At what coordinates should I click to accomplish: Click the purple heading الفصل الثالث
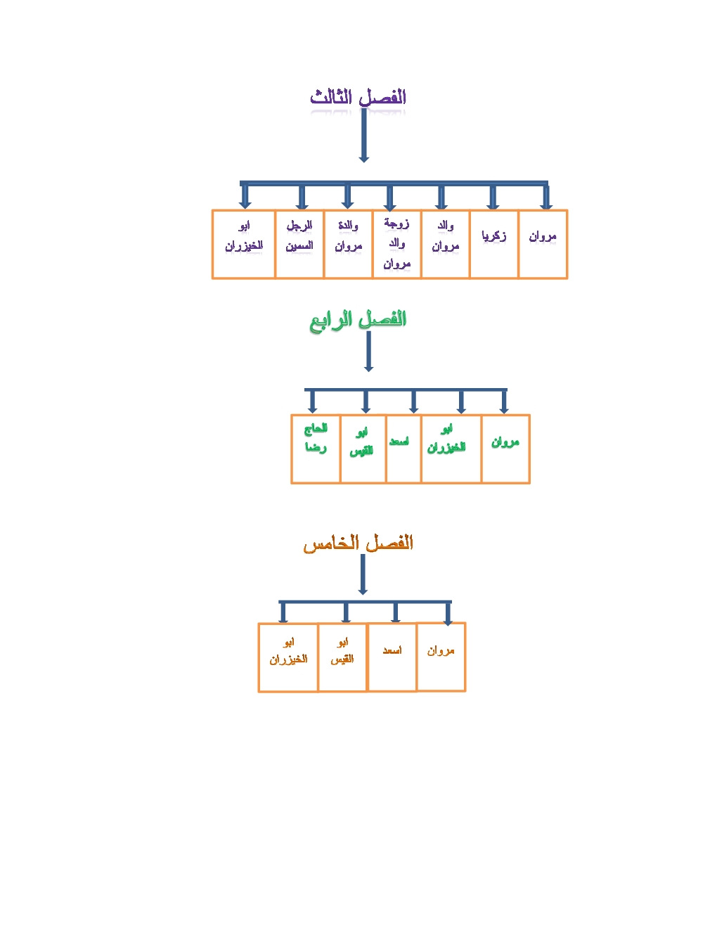(358, 98)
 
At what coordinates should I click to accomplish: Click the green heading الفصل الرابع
(358, 320)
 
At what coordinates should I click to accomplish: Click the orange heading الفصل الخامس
(358, 543)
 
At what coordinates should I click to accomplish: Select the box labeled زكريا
(493, 244)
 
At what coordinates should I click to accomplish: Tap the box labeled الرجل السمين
(299, 244)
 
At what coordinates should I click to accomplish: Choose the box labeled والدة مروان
(348, 244)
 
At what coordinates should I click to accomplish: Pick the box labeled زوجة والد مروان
(396, 244)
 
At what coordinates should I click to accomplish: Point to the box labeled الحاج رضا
(316, 449)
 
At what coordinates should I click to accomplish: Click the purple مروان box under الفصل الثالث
(543, 244)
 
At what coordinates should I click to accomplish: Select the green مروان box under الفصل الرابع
(505, 449)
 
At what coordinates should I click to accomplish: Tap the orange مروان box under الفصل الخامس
(441, 657)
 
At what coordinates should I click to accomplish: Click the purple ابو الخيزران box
(244, 244)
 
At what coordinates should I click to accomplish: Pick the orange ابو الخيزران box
(288, 657)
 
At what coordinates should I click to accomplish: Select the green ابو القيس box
(362, 449)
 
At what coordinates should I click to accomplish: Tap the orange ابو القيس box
(342, 657)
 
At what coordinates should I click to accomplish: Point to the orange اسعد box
(392, 657)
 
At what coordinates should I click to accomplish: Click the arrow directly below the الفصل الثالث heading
(364, 137)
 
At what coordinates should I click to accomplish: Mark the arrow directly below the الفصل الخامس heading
(363, 575)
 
